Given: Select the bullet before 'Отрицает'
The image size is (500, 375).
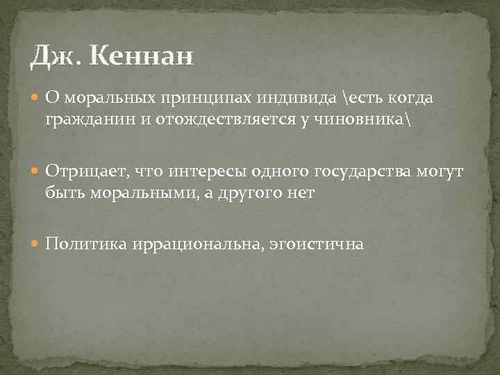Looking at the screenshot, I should click(37, 172).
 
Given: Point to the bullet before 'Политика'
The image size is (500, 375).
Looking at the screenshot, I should click(37, 244).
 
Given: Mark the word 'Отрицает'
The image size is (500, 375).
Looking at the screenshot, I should click(81, 171).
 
